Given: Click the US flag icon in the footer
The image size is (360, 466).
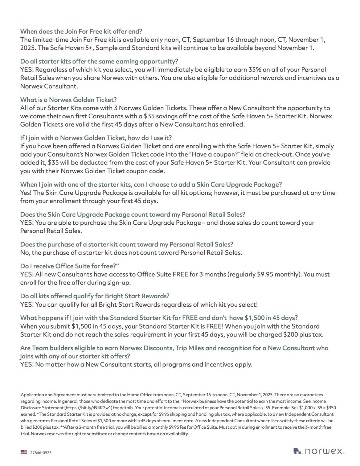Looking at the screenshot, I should pos(24,452).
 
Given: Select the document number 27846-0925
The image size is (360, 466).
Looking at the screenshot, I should pos(41,453).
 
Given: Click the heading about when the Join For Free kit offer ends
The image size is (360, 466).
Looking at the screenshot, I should pos(81,31).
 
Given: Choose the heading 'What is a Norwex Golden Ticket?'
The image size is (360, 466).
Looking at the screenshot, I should pos(68,100).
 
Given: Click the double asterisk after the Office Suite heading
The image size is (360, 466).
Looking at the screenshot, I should pos(118,265).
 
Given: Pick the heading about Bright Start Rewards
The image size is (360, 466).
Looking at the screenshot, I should pos(95,296).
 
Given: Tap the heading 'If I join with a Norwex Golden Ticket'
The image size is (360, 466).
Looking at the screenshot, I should pos(96,138).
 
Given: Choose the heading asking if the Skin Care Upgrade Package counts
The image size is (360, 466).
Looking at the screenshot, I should pos(133,214).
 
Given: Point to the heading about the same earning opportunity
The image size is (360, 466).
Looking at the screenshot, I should pos(99,61).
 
